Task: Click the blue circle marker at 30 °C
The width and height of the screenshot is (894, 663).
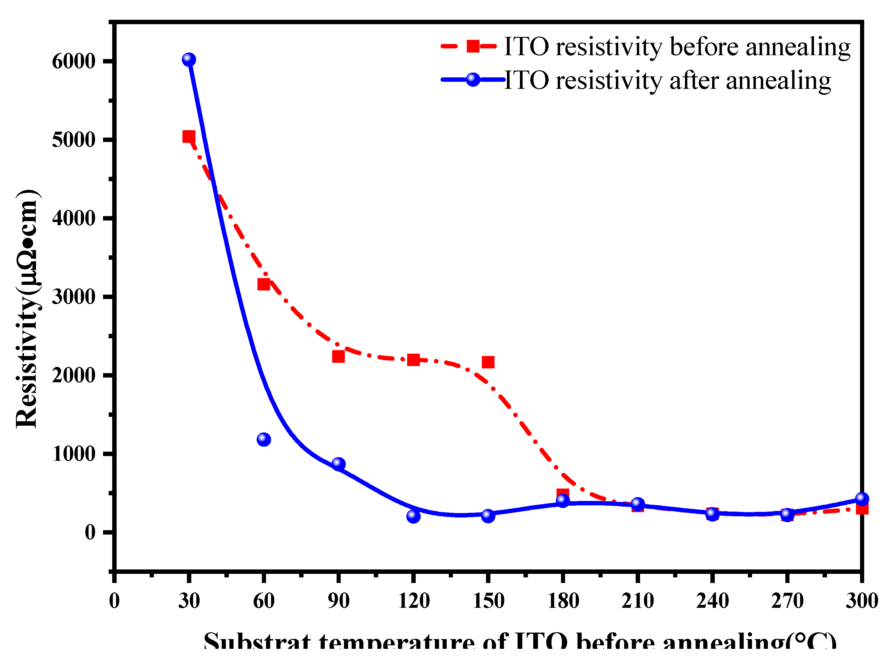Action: [x=189, y=59]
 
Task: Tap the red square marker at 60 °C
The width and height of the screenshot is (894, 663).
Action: [x=264, y=285]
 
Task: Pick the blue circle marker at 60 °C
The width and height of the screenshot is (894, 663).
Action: [x=264, y=440]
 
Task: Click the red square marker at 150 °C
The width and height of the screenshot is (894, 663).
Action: [x=488, y=362]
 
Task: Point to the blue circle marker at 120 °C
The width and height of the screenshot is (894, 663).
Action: [x=413, y=516]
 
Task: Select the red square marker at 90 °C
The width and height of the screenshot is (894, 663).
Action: [x=338, y=356]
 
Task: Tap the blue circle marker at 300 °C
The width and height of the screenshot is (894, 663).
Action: [x=862, y=499]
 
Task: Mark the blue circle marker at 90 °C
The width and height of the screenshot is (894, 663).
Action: [x=338, y=464]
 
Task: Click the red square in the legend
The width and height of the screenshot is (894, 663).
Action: [x=473, y=46]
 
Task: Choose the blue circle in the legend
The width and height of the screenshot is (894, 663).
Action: [x=473, y=79]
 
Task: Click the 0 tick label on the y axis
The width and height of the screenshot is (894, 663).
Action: [x=90, y=533]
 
